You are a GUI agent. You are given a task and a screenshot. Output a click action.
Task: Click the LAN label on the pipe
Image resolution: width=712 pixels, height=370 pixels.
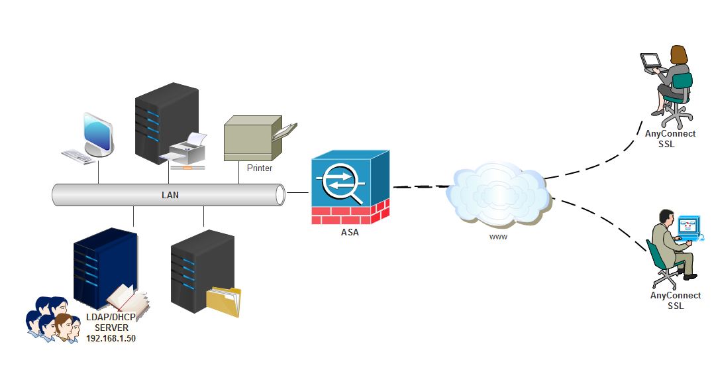pos(170,195)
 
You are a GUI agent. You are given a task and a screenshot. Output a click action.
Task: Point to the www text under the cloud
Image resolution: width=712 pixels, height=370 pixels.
pos(498,237)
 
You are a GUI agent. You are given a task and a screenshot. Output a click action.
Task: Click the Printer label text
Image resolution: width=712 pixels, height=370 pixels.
pos(259,168)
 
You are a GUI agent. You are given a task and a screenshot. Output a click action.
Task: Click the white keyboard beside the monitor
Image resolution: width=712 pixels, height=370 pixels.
pos(79,157)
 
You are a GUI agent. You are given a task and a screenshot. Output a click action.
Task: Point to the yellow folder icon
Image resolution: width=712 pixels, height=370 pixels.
pos(223,302)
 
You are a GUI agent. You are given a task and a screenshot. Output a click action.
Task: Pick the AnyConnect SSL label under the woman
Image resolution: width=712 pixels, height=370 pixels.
pos(670,139)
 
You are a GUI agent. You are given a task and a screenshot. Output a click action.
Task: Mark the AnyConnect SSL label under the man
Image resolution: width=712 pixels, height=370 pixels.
pos(675,300)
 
